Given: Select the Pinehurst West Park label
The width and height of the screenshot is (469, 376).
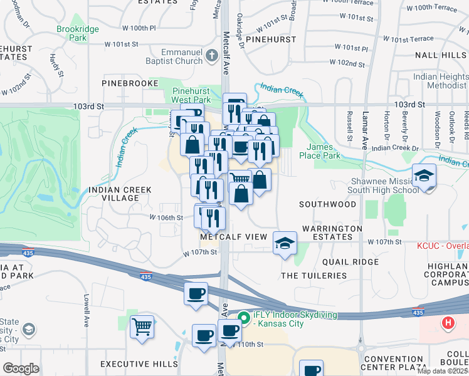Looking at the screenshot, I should (x=191, y=95).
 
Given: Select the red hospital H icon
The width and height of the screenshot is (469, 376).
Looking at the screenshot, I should (x=448, y=323).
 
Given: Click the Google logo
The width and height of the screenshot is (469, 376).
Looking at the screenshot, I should (x=21, y=368).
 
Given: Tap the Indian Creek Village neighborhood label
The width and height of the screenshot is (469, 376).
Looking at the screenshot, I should (x=113, y=193).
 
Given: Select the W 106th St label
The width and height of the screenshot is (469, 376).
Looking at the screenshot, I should (x=166, y=217).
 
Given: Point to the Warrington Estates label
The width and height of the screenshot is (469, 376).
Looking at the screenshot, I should (x=332, y=233).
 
